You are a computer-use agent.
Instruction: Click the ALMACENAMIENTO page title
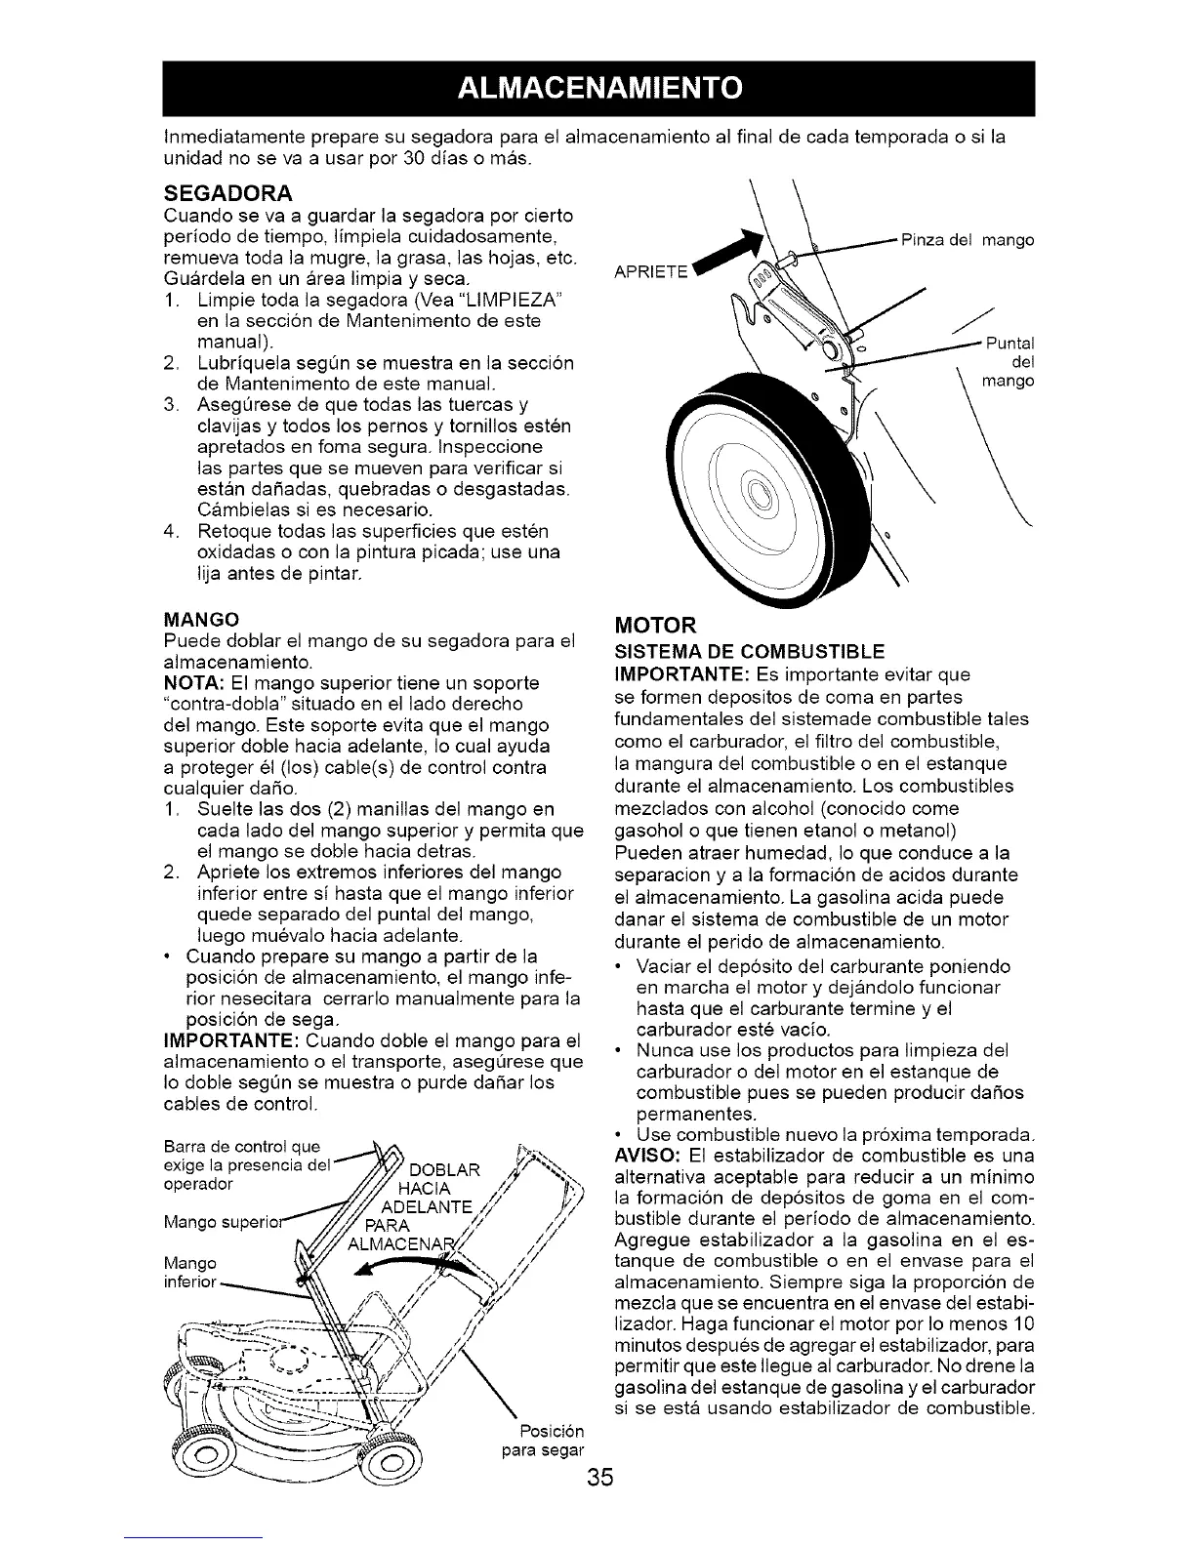[597, 88]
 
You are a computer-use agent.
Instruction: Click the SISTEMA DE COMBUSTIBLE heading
[748, 651]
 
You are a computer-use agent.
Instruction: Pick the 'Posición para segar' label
[543, 1441]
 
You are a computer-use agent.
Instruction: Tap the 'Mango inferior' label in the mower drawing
[188, 1273]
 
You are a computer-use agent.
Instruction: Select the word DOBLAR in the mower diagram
[444, 1171]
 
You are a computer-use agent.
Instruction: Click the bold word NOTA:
[190, 683]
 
